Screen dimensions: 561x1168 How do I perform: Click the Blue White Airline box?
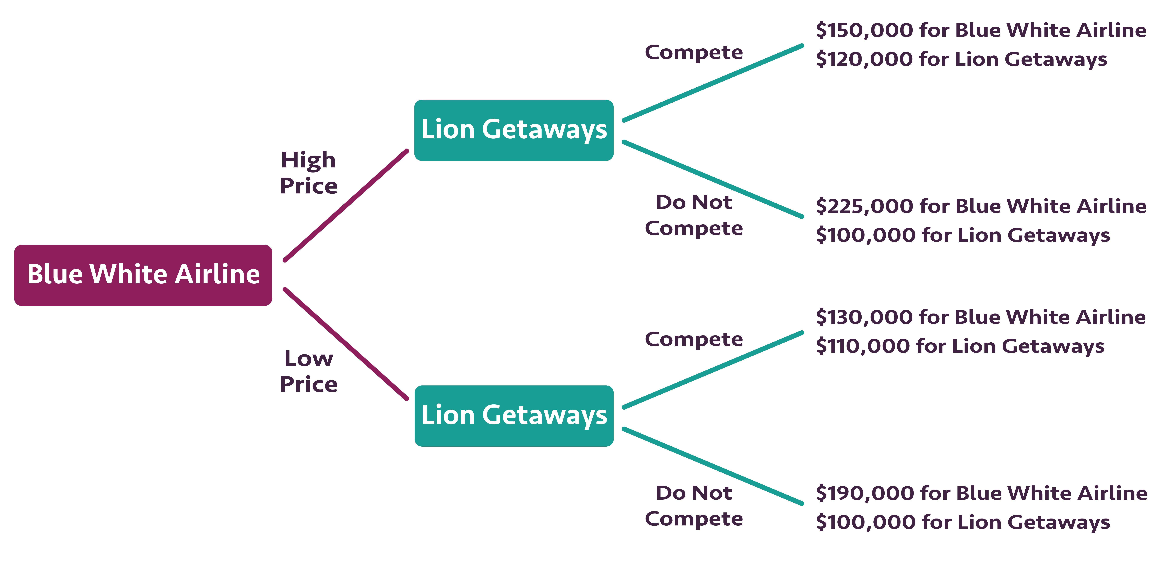point(143,275)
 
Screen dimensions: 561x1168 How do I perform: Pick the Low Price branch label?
point(308,371)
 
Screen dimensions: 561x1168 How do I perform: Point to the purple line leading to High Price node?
point(345,205)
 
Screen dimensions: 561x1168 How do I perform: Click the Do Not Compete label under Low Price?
point(694,506)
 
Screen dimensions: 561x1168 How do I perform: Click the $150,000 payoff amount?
point(864,30)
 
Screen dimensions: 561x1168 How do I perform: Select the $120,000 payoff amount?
point(864,59)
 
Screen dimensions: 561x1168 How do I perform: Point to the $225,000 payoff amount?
point(864,206)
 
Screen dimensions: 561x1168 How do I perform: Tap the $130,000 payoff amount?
point(864,317)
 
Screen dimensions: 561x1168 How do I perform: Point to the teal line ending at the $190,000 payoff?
point(713,466)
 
